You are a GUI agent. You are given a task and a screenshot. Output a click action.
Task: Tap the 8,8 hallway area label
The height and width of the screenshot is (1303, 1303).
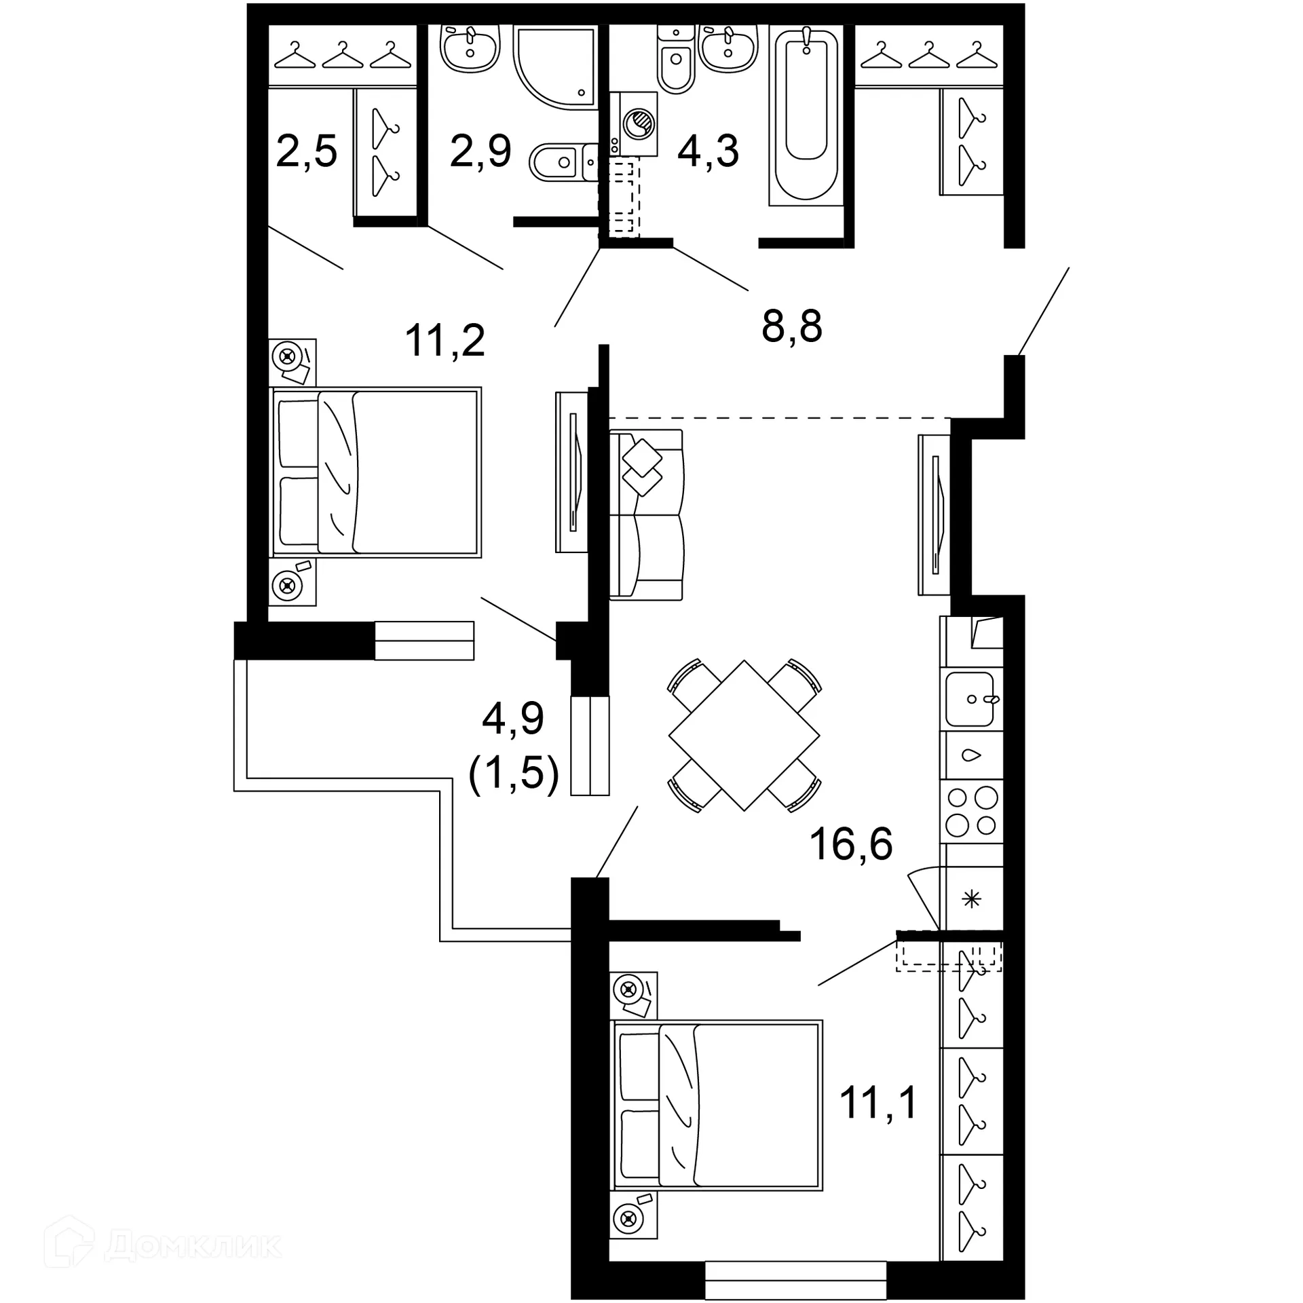click(791, 326)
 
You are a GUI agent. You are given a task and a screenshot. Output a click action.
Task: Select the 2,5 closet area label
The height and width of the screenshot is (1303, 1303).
click(306, 151)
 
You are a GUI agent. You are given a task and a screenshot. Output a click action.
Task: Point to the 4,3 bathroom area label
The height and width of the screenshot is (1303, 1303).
click(708, 151)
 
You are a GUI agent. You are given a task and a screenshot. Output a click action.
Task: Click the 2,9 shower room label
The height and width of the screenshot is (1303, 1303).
click(480, 151)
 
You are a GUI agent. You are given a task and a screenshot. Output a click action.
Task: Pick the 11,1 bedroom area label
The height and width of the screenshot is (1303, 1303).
click(878, 1102)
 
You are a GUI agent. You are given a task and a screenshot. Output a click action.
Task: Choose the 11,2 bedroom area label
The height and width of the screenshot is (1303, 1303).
click(445, 341)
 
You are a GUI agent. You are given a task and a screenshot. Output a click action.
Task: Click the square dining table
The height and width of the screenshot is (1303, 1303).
click(744, 736)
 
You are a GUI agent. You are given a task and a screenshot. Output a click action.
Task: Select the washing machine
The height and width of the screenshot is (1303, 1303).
click(634, 124)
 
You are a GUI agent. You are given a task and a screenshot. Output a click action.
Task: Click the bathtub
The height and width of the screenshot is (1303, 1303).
click(806, 115)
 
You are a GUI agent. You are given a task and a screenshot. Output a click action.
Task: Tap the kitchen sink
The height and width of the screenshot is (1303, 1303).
click(970, 699)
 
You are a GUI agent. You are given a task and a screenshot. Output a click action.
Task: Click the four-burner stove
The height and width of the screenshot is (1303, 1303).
click(971, 811)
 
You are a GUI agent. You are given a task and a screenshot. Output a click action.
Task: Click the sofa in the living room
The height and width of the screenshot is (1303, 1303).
click(646, 514)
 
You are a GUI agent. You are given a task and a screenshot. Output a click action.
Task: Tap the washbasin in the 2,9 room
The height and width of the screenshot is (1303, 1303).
click(470, 48)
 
